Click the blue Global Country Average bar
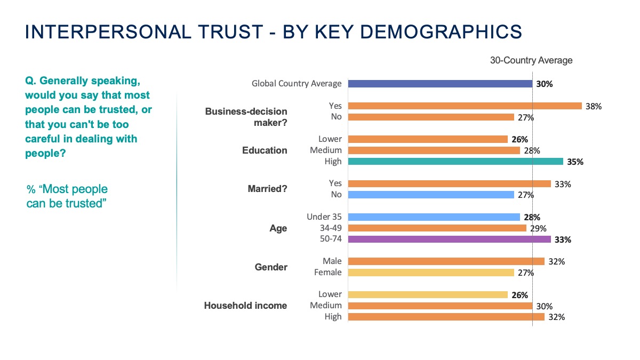[x=440, y=83]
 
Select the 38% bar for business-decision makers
[x=465, y=106]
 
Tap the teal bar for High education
[x=455, y=162]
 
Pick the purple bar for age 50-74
[x=449, y=239]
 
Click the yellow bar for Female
[x=431, y=273]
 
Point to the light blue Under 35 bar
[x=434, y=217]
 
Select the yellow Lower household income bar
[x=428, y=295]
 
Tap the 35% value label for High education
[x=575, y=162]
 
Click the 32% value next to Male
[x=557, y=261]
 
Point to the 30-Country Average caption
[x=531, y=60]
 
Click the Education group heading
[x=265, y=150]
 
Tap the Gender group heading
[x=271, y=267]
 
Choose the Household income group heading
[x=245, y=306]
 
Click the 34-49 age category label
[x=329, y=228]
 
